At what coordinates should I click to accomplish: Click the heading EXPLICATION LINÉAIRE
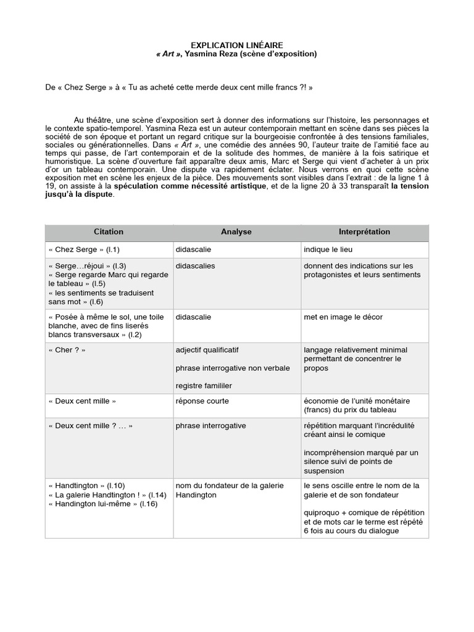tap(236, 45)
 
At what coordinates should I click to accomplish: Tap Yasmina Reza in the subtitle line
tap(207, 54)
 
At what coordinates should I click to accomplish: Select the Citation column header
tap(109, 232)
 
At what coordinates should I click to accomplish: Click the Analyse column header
tap(236, 232)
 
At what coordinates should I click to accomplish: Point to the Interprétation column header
tap(364, 232)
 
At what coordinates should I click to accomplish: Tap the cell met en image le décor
tap(343, 317)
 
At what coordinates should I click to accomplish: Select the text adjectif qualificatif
tap(207, 350)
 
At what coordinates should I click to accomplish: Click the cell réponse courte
tap(202, 401)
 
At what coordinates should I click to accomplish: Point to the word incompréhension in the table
tap(336, 453)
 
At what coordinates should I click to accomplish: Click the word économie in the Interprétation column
tap(320, 401)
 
